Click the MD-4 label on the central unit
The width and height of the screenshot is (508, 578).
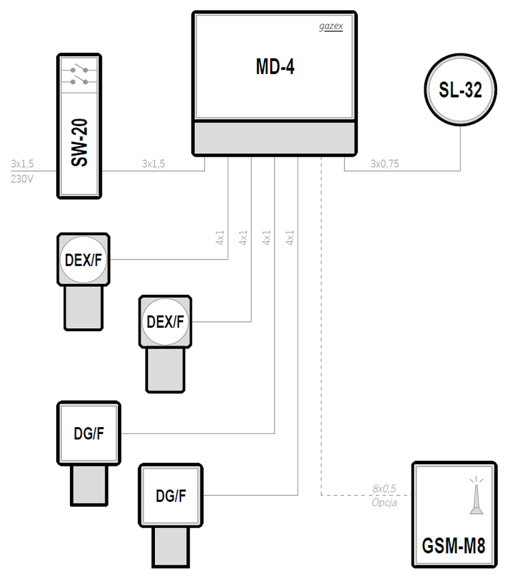pyautogui.click(x=275, y=66)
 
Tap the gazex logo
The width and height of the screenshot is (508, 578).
pyautogui.click(x=331, y=26)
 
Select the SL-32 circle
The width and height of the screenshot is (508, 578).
pyautogui.click(x=461, y=90)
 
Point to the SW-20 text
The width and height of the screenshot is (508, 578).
pyautogui.click(x=79, y=142)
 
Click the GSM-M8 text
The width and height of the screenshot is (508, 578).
pyautogui.click(x=454, y=546)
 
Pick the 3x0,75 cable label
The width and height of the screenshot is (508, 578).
pyautogui.click(x=384, y=164)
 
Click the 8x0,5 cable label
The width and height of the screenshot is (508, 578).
pyautogui.click(x=384, y=488)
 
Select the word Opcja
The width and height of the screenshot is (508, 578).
pyautogui.click(x=384, y=503)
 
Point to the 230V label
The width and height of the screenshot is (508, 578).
pyautogui.click(x=22, y=179)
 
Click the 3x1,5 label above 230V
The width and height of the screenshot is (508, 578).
pyautogui.click(x=22, y=164)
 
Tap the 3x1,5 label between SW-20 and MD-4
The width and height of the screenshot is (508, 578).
pyautogui.click(x=153, y=164)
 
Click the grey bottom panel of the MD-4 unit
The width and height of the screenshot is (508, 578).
pyautogui.click(x=275, y=138)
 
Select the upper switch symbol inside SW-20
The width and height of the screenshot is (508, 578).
pyautogui.click(x=79, y=69)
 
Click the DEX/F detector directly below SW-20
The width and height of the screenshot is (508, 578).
pyautogui.click(x=83, y=281)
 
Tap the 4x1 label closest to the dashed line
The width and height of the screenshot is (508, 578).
pyautogui.click(x=290, y=238)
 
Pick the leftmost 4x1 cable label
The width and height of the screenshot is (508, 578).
pyautogui.click(x=220, y=238)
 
